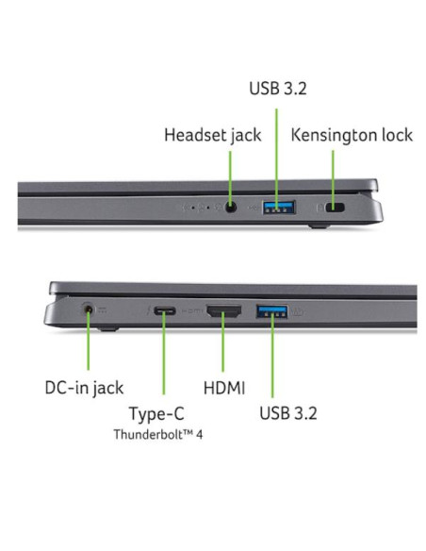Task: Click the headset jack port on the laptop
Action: coord(230,208)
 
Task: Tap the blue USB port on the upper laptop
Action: coord(279,208)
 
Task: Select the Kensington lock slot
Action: coord(336,208)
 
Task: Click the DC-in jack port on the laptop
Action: coord(88,309)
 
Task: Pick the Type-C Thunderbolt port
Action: coord(165,311)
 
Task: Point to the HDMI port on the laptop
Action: coord(224,311)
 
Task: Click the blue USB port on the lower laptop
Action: coord(272,311)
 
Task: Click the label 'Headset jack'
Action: coord(213,135)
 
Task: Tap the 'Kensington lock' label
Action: coord(352,135)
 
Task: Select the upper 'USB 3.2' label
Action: coord(278,88)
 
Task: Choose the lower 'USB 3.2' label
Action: coord(288,413)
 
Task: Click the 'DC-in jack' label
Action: coord(84,389)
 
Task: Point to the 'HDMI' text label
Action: coord(224,388)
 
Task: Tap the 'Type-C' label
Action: coord(156,414)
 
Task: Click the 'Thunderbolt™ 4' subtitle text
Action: coord(158,435)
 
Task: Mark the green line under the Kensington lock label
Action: coord(333,179)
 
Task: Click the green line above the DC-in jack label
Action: coord(88,340)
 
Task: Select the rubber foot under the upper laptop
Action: coord(319,225)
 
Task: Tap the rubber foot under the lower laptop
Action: coord(108,329)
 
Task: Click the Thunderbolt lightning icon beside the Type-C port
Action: coord(149,310)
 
